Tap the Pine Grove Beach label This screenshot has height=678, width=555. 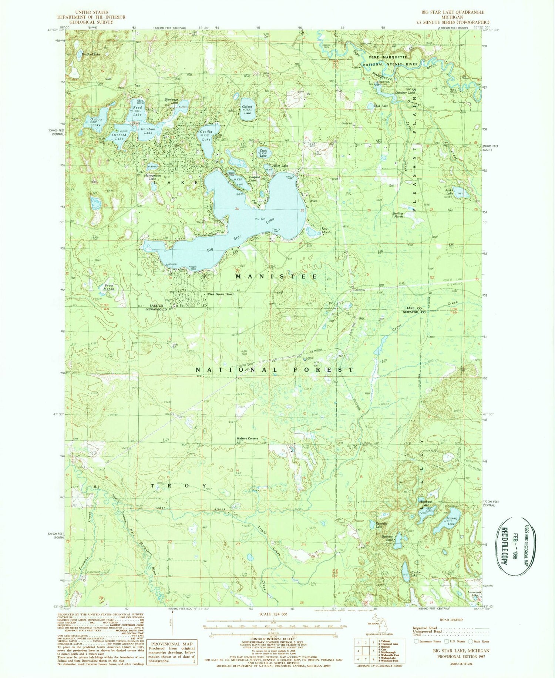221,294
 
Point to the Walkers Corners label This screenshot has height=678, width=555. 247,439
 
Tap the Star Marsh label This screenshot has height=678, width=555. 326,230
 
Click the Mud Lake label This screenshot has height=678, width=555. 381,106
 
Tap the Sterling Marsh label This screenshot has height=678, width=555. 403,215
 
